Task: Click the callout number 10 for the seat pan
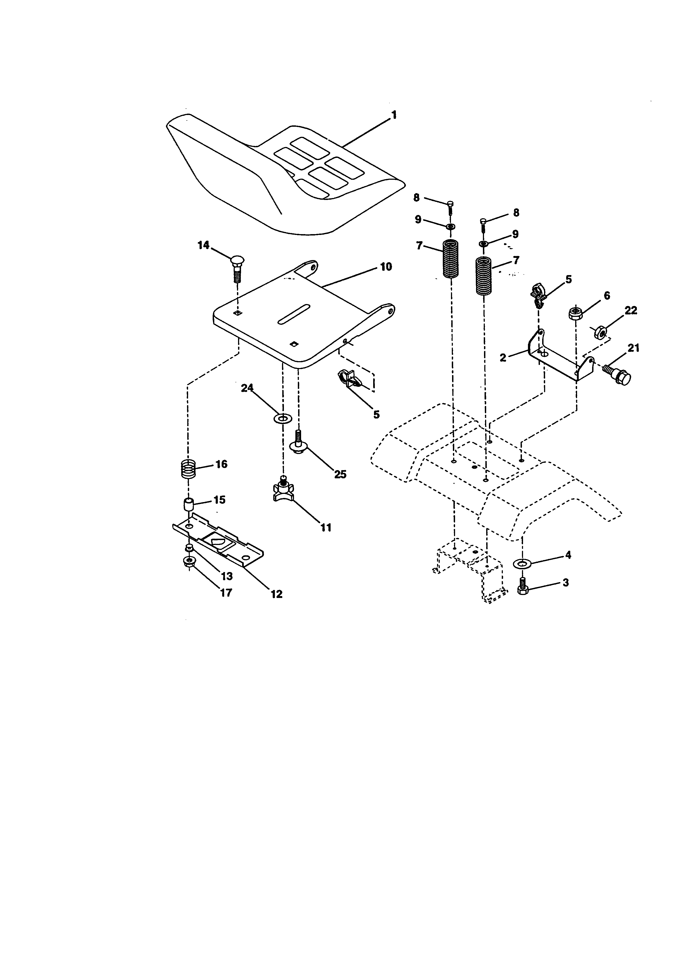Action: (386, 267)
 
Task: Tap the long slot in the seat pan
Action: (294, 314)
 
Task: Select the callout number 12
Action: (276, 594)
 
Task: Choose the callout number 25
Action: (340, 474)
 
